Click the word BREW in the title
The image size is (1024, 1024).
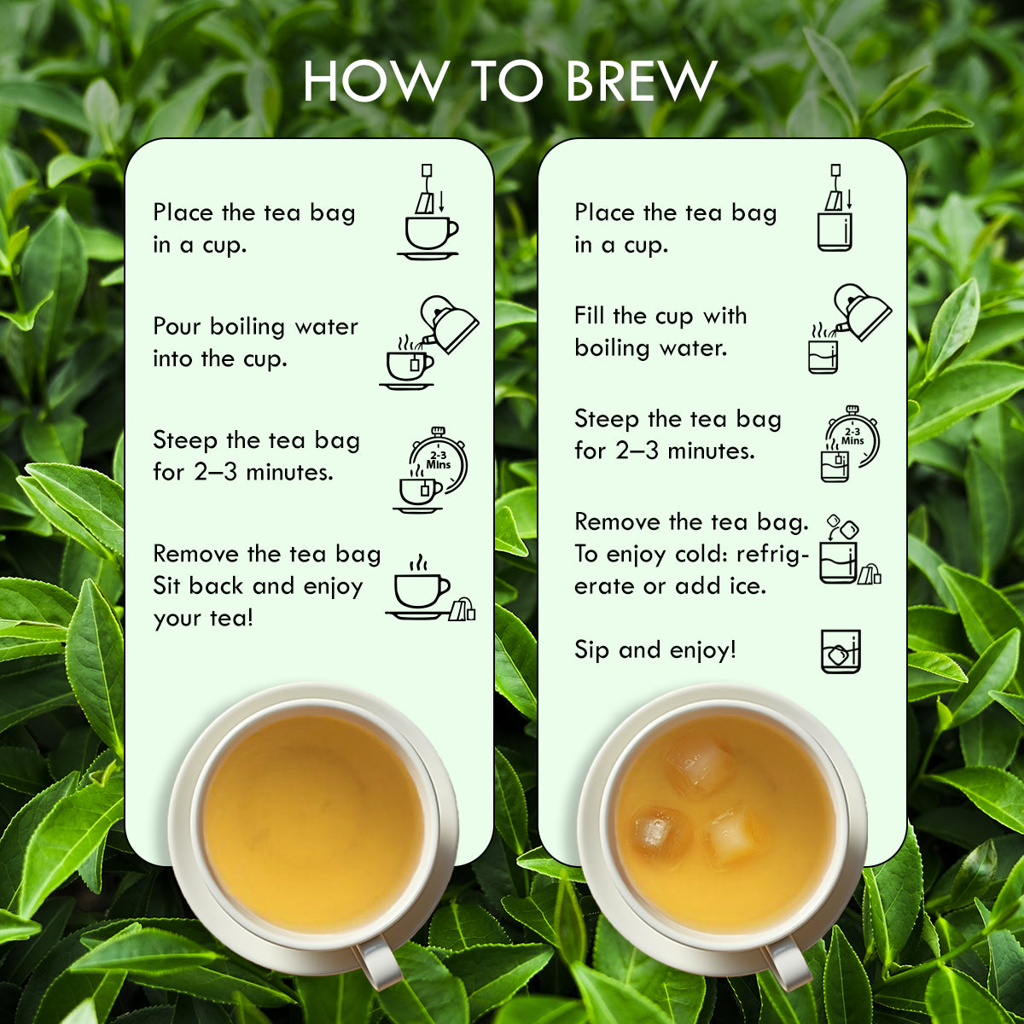[640, 81]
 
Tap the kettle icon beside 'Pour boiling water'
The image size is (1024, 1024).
[451, 324]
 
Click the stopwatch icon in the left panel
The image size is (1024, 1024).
[439, 461]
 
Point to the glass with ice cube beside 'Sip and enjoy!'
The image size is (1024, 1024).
[841, 652]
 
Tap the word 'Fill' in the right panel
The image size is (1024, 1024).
[588, 316]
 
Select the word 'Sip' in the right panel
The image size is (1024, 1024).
[591, 650]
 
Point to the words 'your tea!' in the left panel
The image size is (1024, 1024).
[203, 619]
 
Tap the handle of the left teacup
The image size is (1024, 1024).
[378, 963]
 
